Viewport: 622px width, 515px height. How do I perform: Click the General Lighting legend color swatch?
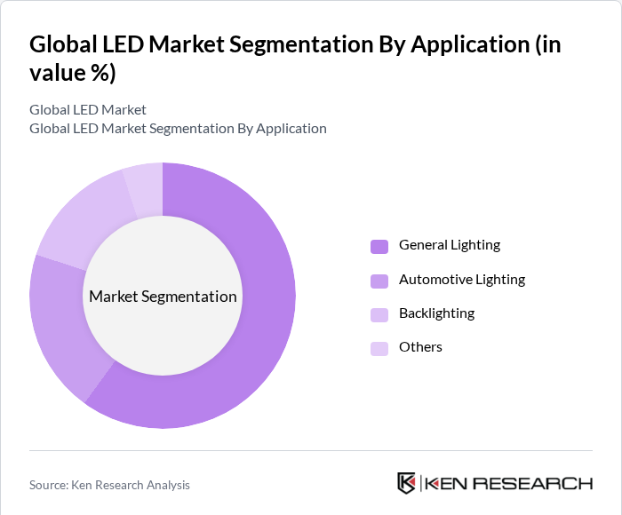coord(379,246)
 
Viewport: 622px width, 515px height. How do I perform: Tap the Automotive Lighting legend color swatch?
coord(379,281)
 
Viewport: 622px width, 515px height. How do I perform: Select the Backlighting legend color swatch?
coord(379,314)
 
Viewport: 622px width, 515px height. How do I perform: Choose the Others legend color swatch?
coord(379,348)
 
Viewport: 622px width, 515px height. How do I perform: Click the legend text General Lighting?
coord(449,245)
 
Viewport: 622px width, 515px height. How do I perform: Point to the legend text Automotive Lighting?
coord(461,280)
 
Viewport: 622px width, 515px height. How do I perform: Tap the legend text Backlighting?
coord(436,313)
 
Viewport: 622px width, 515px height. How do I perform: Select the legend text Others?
coord(420,347)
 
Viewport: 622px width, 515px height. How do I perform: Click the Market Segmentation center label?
coord(163,297)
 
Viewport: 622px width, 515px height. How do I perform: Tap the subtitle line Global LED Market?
coord(88,110)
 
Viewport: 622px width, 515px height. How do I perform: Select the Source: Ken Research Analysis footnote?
coord(109,485)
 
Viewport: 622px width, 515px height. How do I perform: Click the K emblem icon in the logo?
coord(406,483)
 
